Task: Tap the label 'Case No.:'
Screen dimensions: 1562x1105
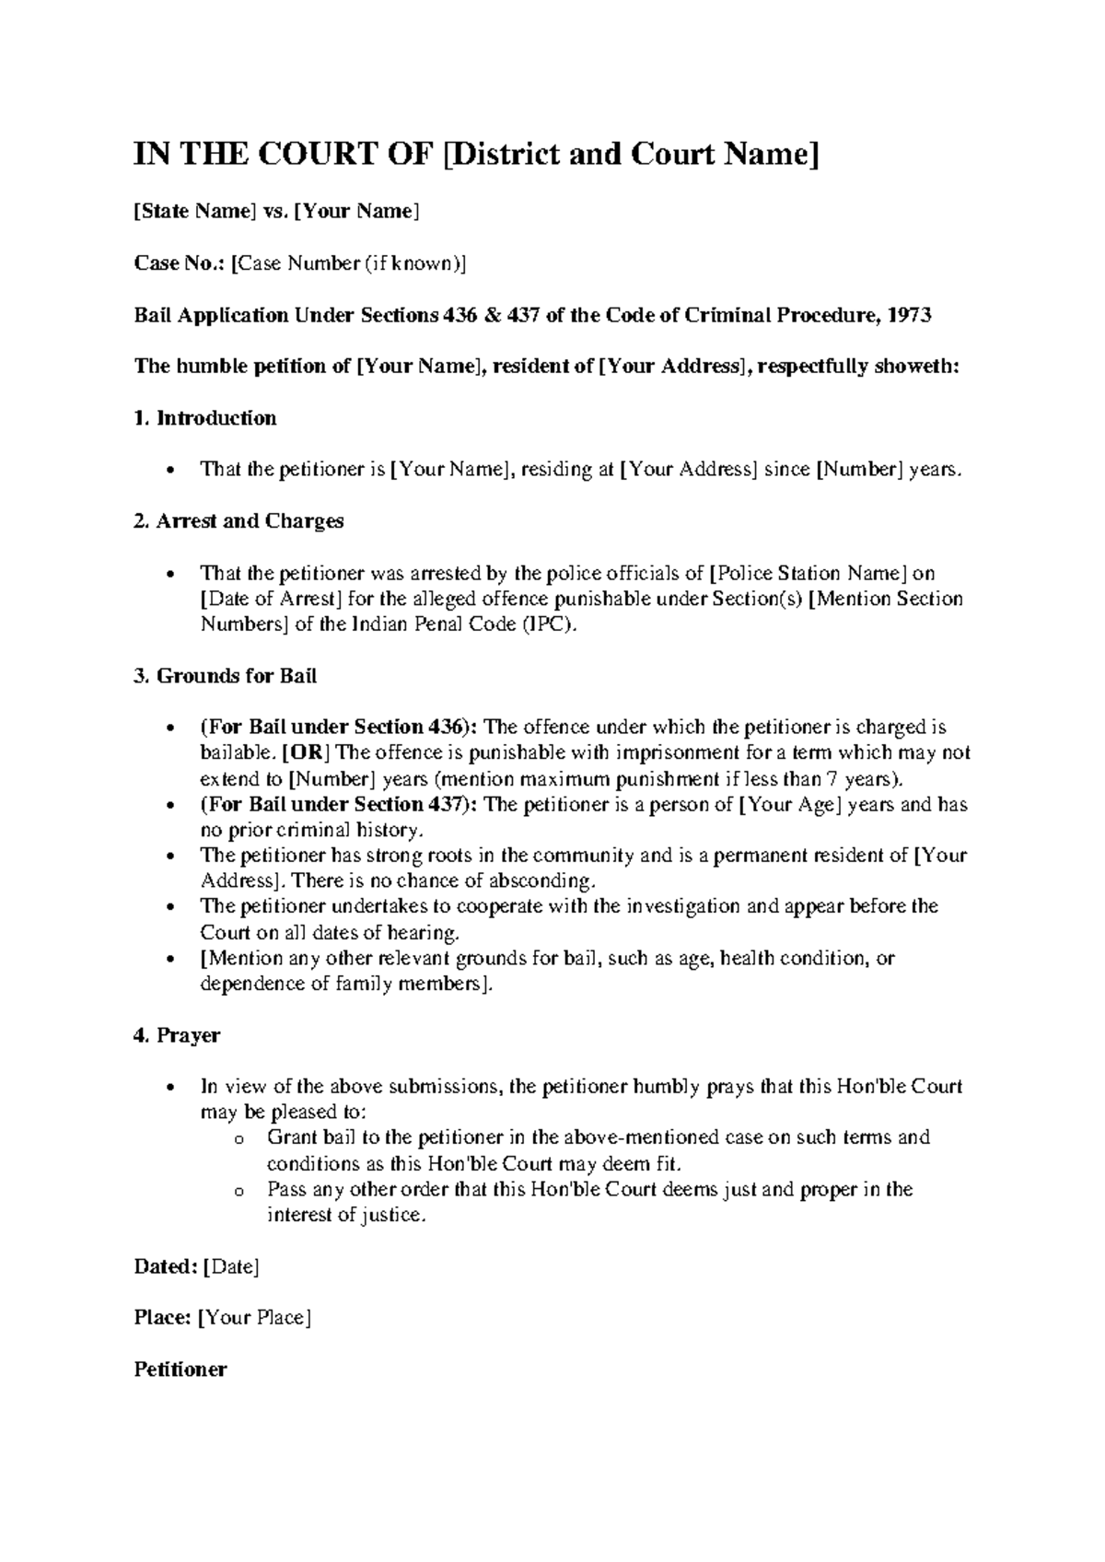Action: coord(180,263)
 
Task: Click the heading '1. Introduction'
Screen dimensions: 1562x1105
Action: coord(205,418)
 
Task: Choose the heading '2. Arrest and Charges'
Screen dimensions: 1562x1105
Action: coord(238,521)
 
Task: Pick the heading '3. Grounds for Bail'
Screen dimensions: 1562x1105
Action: coord(226,676)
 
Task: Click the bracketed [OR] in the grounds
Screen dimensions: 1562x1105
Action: coord(308,753)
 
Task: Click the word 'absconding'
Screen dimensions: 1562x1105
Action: coord(541,880)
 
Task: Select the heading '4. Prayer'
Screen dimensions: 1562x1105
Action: coord(177,1035)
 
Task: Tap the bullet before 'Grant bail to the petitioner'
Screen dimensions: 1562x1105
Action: coord(239,1139)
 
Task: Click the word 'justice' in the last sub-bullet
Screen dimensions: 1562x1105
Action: coord(394,1216)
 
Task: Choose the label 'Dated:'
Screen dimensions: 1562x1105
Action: coord(166,1267)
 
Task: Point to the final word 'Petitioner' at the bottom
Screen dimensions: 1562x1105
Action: coord(180,1370)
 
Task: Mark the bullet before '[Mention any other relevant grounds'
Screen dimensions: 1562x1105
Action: coord(174,960)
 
